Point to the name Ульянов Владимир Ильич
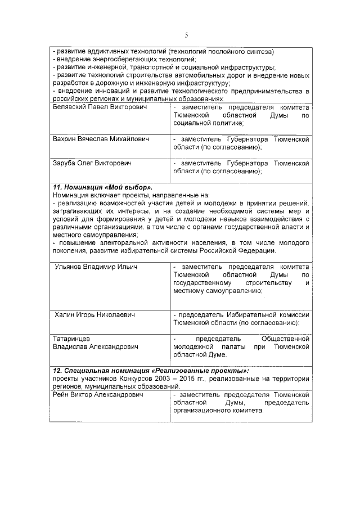pyautogui.click(x=96, y=267)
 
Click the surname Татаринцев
pyautogui.click(x=74, y=339)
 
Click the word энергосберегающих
pyautogui.click(x=125, y=59)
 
